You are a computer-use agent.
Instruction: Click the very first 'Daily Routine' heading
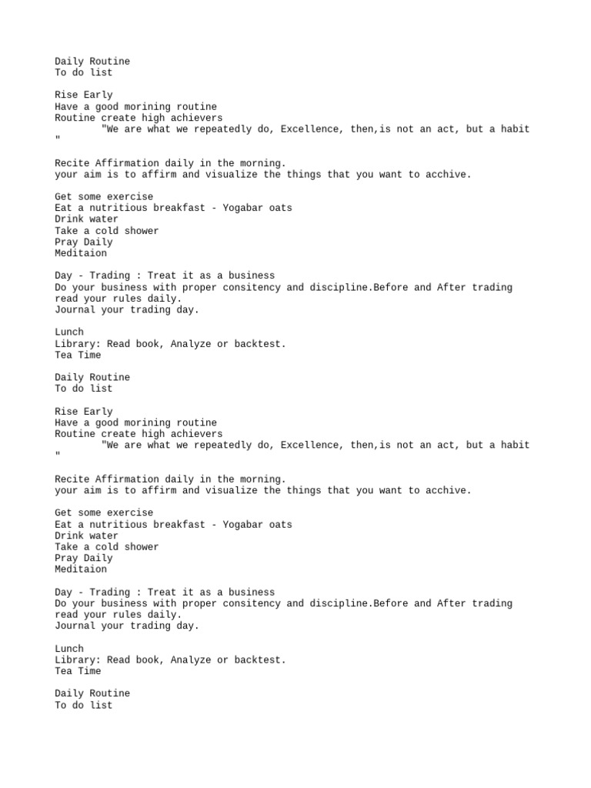(x=92, y=62)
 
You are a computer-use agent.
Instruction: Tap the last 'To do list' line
(x=83, y=705)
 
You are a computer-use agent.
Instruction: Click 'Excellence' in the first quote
(x=309, y=129)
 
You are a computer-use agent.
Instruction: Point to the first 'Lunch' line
(x=69, y=332)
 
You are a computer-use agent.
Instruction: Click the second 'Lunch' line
(x=69, y=649)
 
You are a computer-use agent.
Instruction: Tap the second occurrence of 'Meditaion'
(x=81, y=569)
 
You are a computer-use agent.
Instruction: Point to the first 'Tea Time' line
(x=78, y=356)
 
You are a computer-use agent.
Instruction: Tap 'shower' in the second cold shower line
(x=142, y=547)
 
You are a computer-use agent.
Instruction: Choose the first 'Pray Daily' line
(x=83, y=242)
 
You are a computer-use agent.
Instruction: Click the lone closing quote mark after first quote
(x=58, y=141)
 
